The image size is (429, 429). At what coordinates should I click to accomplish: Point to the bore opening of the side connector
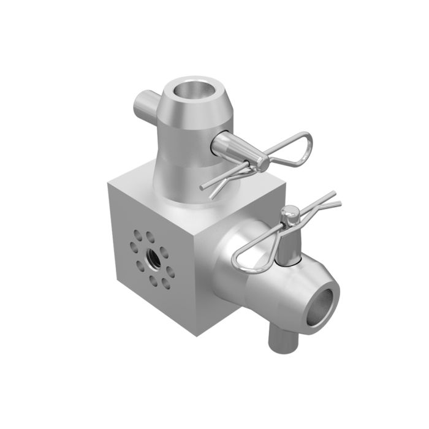322,304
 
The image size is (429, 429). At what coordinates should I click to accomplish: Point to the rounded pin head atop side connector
290,214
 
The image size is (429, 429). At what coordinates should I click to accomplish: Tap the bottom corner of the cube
196,335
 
